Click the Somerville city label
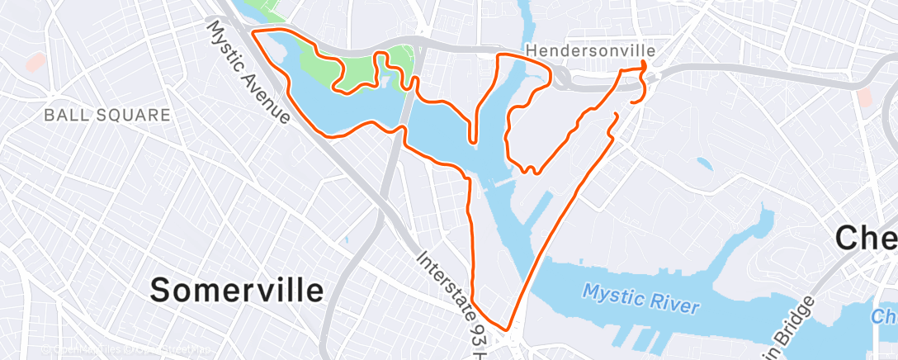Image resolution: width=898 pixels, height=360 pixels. click(238, 290)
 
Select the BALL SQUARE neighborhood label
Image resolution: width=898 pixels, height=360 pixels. click(107, 115)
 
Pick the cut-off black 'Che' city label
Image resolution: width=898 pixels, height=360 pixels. click(866, 239)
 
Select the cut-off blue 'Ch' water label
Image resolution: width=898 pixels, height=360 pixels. click(884, 316)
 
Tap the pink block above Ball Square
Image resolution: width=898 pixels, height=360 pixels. click(35, 60)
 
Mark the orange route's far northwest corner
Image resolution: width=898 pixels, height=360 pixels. click(253, 32)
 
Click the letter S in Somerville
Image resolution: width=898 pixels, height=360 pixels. click(163, 290)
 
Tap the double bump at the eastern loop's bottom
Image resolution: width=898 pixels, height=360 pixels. click(530, 171)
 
